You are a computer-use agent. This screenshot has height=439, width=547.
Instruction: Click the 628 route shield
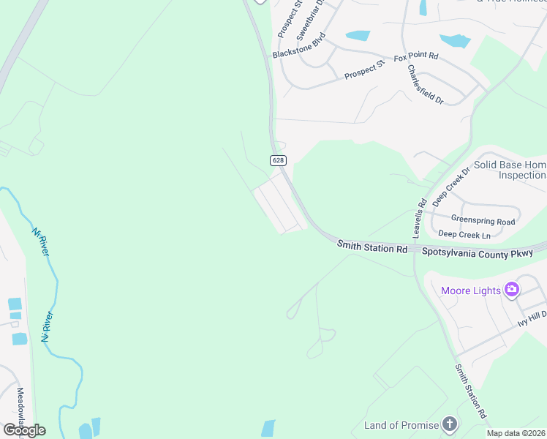click(x=277, y=160)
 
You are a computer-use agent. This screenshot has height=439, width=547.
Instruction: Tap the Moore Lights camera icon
click(x=512, y=290)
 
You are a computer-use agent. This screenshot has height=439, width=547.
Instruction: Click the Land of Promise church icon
click(x=450, y=424)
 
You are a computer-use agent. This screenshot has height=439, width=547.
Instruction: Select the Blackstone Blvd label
click(x=298, y=48)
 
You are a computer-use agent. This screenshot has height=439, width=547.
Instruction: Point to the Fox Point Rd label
click(x=415, y=56)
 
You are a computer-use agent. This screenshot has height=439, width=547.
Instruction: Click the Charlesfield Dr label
click(x=425, y=84)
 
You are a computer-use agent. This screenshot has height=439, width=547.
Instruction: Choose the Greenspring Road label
click(x=483, y=220)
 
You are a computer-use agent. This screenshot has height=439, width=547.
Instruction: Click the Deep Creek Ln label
click(x=464, y=235)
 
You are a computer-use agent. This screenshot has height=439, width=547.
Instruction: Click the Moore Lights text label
click(x=471, y=290)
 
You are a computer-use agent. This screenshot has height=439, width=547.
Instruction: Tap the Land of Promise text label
click(x=401, y=425)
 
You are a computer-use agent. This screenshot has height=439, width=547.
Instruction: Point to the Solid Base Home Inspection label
click(x=510, y=170)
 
